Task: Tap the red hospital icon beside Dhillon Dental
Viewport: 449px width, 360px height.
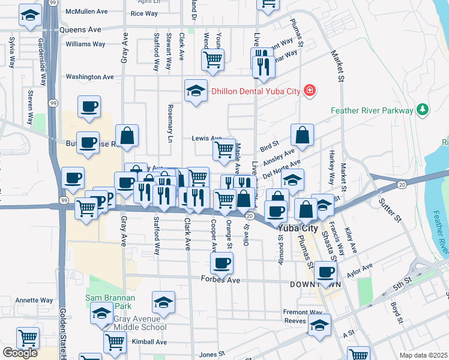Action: pyautogui.click(x=309, y=91)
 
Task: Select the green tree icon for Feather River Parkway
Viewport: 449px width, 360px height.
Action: pyautogui.click(x=423, y=110)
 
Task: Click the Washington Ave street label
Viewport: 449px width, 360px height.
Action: pyautogui.click(x=89, y=77)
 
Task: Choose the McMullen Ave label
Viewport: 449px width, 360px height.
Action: pyautogui.click(x=86, y=11)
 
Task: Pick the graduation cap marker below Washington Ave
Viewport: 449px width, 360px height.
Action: pyautogui.click(x=196, y=91)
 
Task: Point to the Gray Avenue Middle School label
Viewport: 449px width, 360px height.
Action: pyautogui.click(x=131, y=327)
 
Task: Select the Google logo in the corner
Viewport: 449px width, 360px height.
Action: pyautogui.click(x=20, y=353)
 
